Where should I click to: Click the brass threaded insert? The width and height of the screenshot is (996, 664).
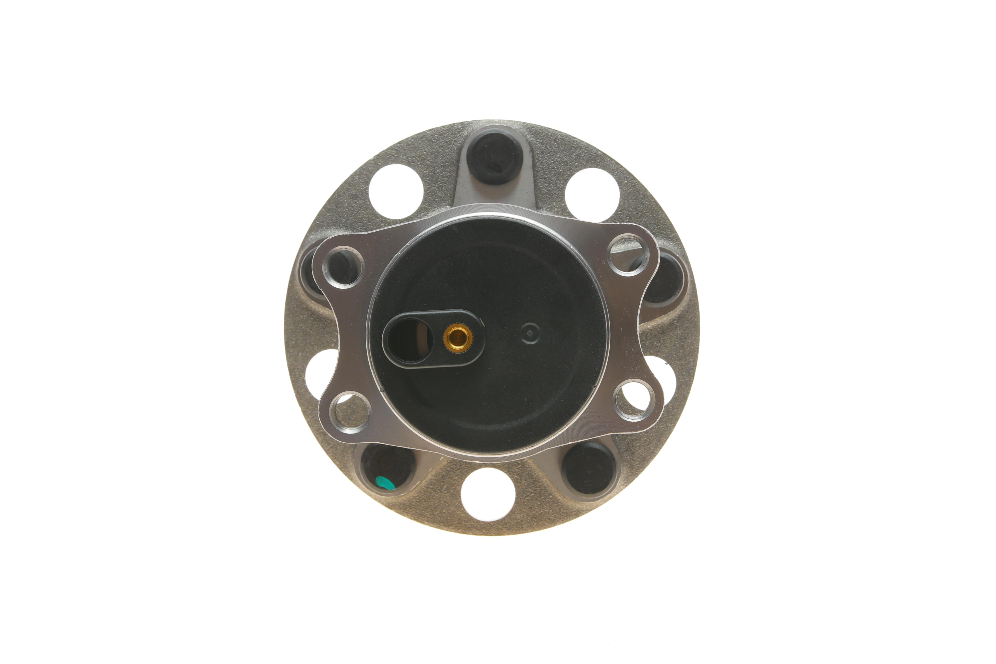pyautogui.click(x=458, y=337)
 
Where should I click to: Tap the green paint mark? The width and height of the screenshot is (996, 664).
pyautogui.click(x=384, y=483)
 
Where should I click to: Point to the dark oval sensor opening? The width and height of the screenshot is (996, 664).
pyautogui.click(x=409, y=339)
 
